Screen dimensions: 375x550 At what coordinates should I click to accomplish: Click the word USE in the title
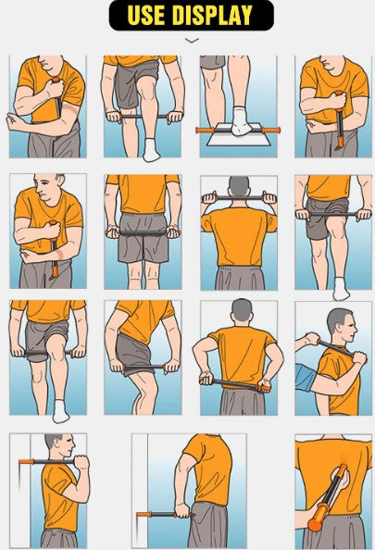146,15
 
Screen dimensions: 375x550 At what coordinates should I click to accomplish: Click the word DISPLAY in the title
213,15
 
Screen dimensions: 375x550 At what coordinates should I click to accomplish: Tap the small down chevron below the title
192,41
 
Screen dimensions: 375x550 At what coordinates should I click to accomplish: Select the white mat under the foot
238,134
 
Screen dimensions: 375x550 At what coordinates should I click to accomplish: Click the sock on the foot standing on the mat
242,121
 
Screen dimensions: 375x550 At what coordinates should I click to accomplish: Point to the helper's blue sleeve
305,378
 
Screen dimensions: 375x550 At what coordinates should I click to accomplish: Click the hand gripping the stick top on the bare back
344,479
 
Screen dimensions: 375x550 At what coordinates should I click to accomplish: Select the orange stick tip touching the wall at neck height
26,462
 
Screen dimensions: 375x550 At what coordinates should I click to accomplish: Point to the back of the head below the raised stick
239,186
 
